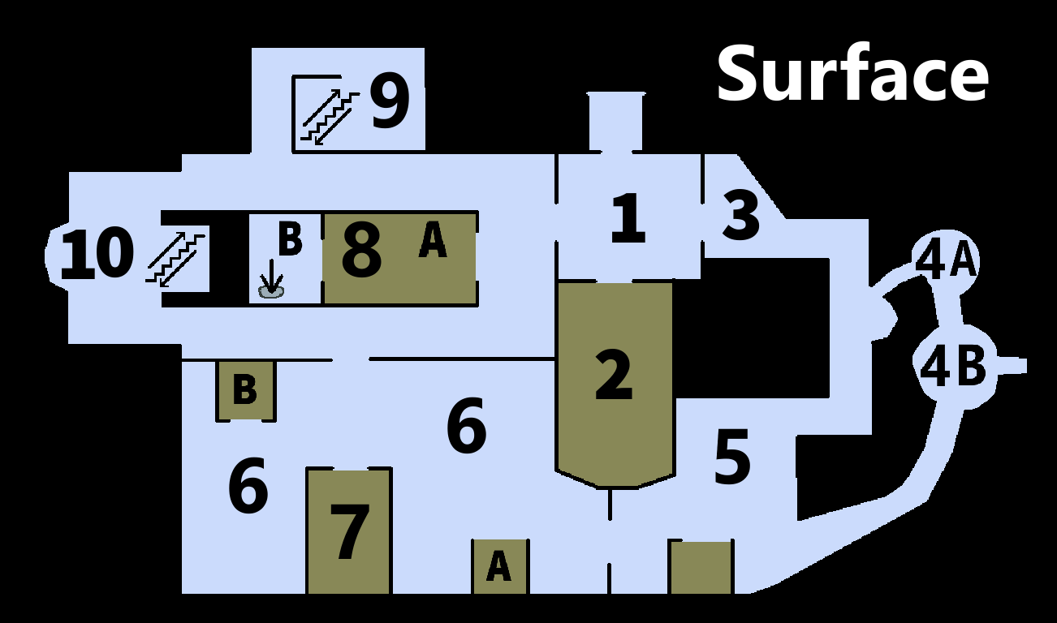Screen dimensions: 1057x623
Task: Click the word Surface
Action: pyautogui.click(x=852, y=74)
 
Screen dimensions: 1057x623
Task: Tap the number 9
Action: pyautogui.click(x=390, y=101)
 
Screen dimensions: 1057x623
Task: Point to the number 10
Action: pyautogui.click(x=97, y=254)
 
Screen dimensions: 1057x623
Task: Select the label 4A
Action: pyautogui.click(x=945, y=260)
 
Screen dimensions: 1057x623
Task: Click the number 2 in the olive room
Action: pyautogui.click(x=614, y=374)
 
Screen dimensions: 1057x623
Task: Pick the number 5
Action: pyautogui.click(x=731, y=458)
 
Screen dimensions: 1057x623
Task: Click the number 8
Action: pyautogui.click(x=361, y=252)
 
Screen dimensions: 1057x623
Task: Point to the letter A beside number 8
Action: pyautogui.click(x=432, y=241)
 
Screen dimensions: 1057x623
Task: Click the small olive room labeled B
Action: pyautogui.click(x=245, y=390)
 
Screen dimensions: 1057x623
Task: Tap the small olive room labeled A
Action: pyautogui.click(x=499, y=565)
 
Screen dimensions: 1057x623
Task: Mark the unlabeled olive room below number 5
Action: pyautogui.click(x=701, y=567)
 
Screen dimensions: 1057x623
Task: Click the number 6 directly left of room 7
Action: pyautogui.click(x=248, y=487)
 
